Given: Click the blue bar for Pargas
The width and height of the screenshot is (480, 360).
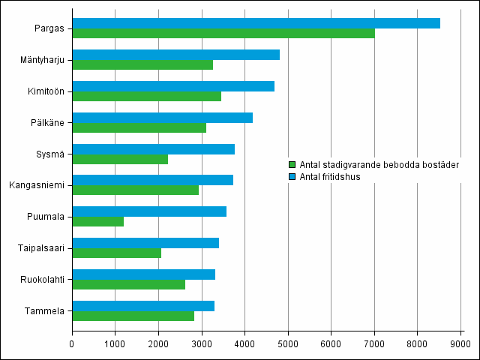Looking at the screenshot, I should click(256, 23).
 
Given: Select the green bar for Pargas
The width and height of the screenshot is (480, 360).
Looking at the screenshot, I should click(223, 34).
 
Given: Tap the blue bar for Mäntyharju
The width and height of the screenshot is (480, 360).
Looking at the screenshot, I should click(175, 55).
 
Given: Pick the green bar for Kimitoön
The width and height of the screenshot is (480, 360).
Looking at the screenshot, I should click(146, 96).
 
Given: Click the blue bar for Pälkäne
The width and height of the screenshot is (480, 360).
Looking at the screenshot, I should click(162, 117).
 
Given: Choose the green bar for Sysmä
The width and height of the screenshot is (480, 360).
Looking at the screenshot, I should click(120, 159).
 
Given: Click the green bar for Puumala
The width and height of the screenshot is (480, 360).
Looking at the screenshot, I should click(97, 221).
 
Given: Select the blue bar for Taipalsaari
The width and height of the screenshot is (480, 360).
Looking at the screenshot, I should click(145, 243).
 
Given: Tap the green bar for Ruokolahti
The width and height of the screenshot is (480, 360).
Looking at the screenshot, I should click(128, 284).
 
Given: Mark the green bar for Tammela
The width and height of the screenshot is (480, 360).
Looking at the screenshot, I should click(133, 316).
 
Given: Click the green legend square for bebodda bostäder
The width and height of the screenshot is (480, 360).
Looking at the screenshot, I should click(292, 164).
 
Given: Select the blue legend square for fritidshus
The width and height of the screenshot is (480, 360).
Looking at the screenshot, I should click(292, 175).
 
